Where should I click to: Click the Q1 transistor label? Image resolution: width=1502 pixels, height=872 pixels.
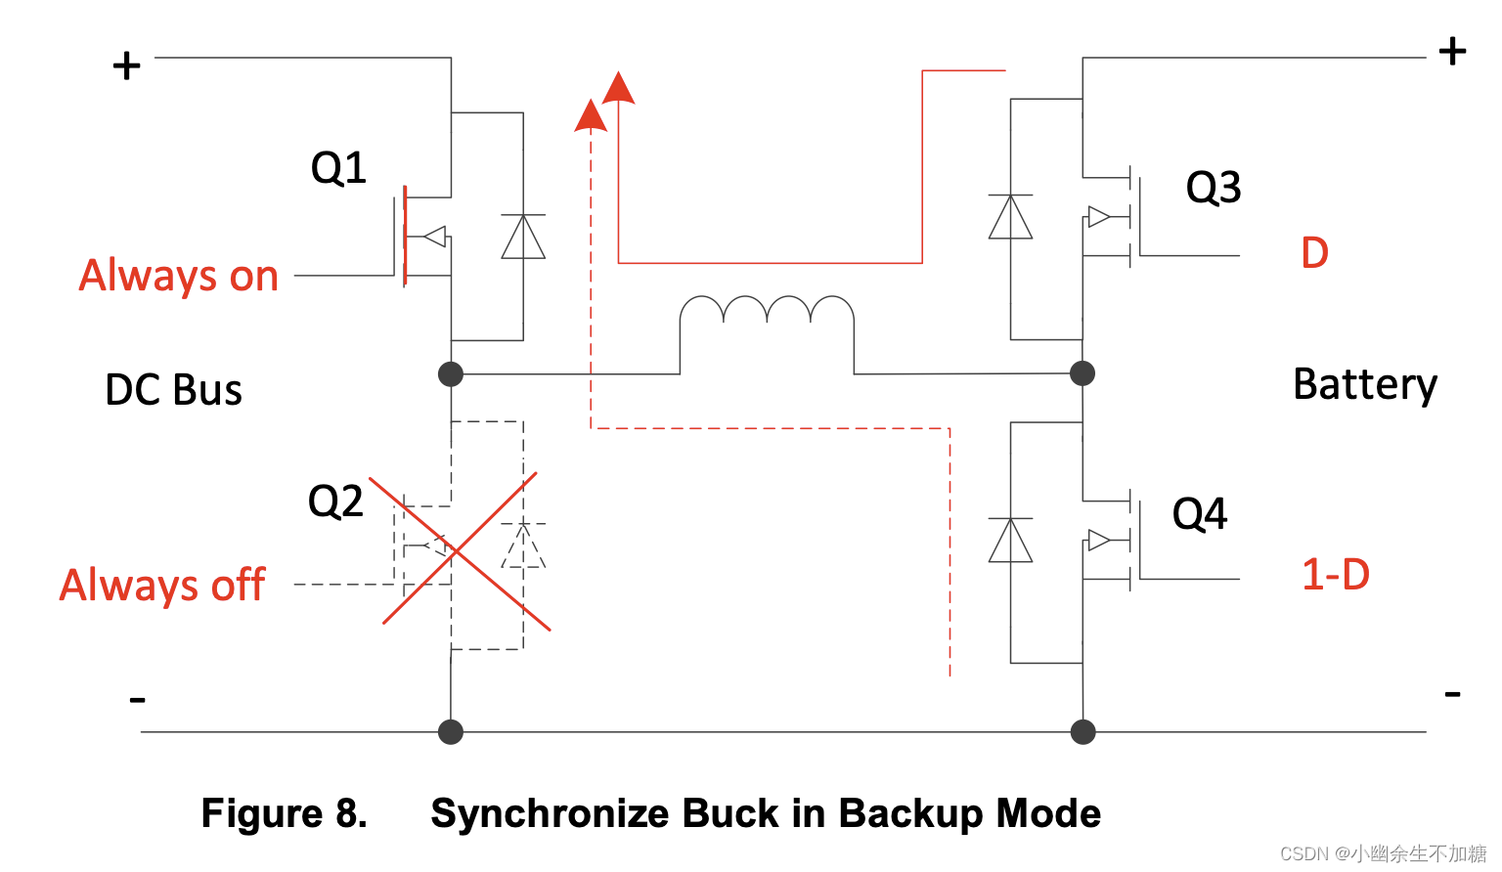(338, 168)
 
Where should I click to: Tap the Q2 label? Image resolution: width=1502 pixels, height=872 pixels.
(335, 501)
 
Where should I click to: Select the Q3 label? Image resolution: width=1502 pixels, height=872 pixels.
(1214, 187)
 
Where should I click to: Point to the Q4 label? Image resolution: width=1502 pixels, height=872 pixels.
(1200, 513)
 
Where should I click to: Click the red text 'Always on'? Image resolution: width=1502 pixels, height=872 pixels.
(179, 276)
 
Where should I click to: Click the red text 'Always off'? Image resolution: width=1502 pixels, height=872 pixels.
(162, 585)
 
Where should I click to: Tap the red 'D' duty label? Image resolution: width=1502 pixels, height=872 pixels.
(1314, 253)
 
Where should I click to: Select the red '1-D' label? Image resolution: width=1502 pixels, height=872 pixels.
(1335, 575)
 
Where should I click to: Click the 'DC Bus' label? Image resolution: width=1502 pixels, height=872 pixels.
(173, 390)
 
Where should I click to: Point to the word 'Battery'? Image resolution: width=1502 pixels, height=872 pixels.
(1365, 384)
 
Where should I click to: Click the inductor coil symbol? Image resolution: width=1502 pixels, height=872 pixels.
(767, 313)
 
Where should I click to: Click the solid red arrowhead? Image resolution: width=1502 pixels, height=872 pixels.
(618, 89)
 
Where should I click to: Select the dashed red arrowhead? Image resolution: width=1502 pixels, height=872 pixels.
(591, 116)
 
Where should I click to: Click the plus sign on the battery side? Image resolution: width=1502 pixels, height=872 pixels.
(1452, 51)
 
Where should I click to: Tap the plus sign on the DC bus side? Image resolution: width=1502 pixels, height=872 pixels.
(126, 66)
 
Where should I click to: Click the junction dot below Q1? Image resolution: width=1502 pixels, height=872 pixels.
(451, 373)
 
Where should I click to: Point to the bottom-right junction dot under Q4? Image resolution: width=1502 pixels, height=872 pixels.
(1082, 732)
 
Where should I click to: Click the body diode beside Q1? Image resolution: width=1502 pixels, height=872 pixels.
(523, 237)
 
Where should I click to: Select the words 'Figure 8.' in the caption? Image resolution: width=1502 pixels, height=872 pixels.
(284, 813)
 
